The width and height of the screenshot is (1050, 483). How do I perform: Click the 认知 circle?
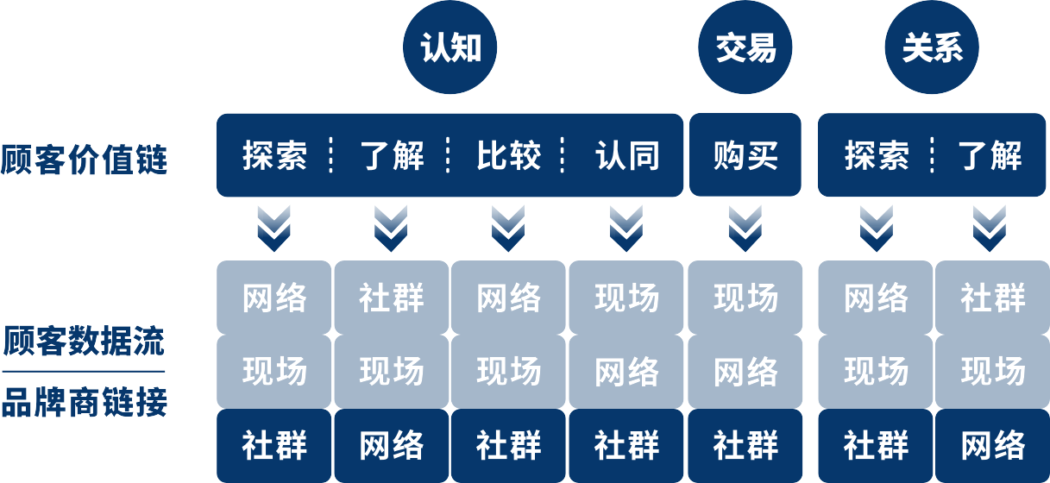coord(450,48)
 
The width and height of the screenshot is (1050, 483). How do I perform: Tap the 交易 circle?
coord(745,48)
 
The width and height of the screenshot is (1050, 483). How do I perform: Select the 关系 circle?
coord(933,48)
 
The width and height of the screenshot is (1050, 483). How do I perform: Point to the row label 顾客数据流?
coord(84,341)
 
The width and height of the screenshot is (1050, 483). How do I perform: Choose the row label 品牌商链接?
coord(84,402)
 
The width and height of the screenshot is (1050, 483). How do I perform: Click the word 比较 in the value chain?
coord(509,156)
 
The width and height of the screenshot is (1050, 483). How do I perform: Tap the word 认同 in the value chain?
coord(627,156)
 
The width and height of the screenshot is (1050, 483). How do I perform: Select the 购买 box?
coord(745,155)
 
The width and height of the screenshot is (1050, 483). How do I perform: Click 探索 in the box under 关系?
coord(877,156)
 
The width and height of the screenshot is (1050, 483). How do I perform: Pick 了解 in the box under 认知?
coord(392,156)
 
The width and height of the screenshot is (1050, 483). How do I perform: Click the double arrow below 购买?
coord(745,229)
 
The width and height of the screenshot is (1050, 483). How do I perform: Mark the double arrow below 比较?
coord(509,229)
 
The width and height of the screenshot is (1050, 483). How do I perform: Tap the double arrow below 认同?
coord(627,229)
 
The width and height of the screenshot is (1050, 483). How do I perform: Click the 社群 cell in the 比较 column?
coord(509,446)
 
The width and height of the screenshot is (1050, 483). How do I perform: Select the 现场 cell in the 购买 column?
coord(745,298)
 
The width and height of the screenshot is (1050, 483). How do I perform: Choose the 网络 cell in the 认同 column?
coord(627,372)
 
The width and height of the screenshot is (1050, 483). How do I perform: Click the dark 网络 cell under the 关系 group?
coord(993,446)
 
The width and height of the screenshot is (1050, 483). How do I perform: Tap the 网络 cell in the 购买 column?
coord(745,372)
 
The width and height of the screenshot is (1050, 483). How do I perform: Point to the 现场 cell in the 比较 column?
coord(509,372)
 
